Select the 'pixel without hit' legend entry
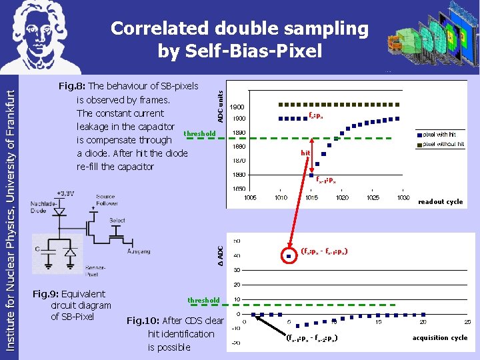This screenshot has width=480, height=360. tap(442, 144)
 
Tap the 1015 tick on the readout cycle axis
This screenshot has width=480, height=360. tap(311, 197)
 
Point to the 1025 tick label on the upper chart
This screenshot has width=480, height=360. tap(373, 197)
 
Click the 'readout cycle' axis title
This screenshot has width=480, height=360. tap(440, 201)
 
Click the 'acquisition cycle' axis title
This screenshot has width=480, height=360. tap(440, 338)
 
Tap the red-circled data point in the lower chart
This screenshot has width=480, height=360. tap(289, 255)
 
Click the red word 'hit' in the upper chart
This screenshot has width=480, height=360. tap(305, 153)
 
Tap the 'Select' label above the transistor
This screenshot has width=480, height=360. tap(117, 220)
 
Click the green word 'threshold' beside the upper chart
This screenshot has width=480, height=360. tap(199, 134)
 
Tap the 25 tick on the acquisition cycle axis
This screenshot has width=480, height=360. tap(467, 322)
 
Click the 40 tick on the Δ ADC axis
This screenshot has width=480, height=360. tap(237, 256)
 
